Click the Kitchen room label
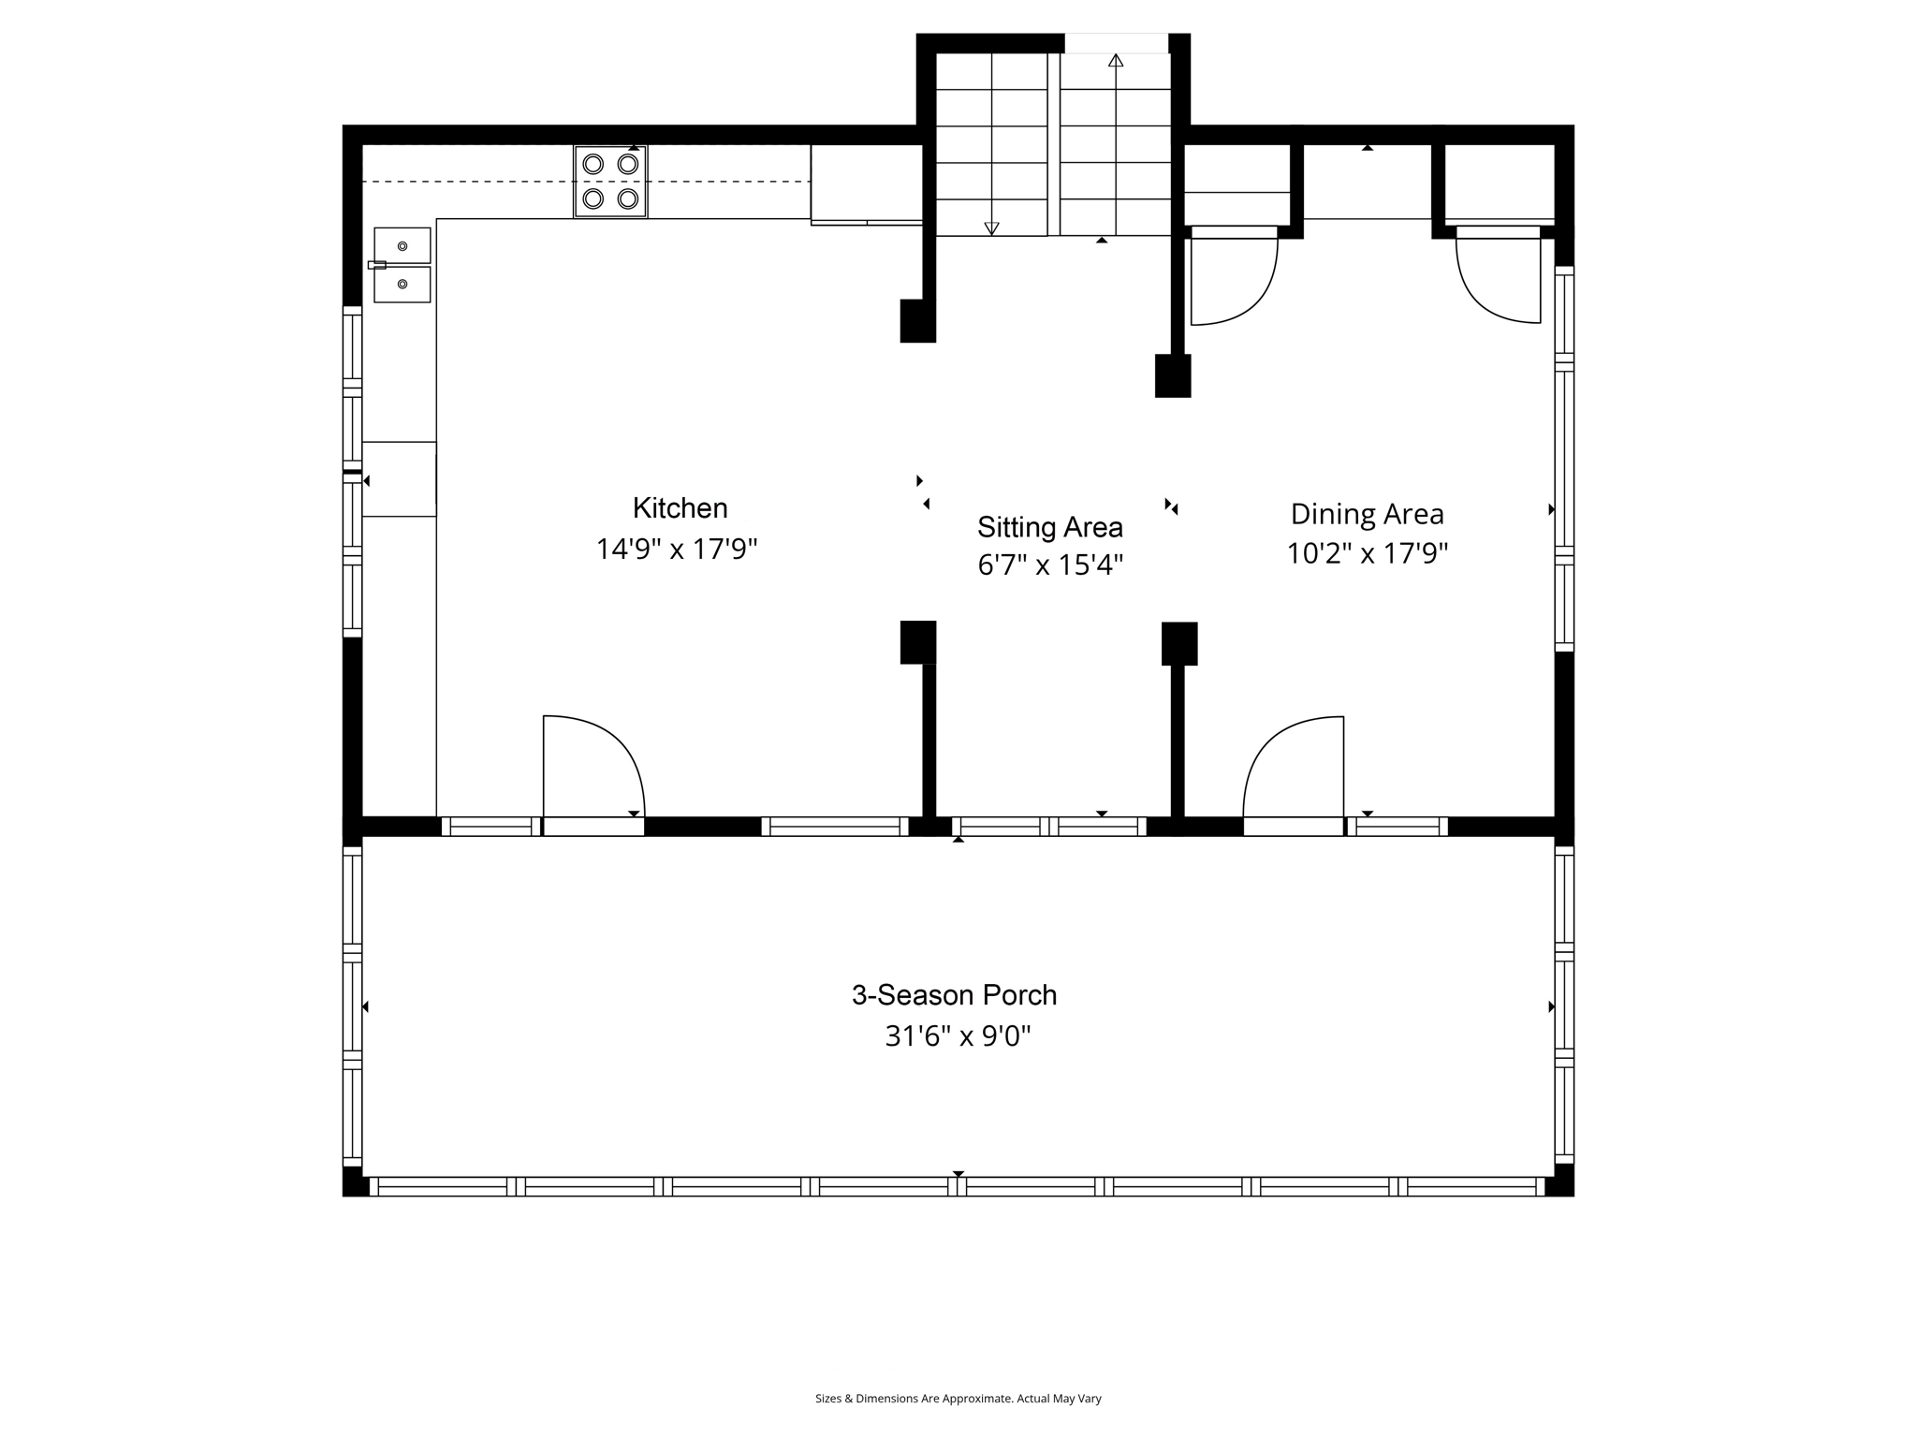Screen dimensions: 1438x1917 coord(680,508)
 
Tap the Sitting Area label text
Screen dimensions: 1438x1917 coord(1049,527)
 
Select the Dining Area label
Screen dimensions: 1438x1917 coord(1367,514)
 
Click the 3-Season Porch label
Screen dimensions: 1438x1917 coord(954,994)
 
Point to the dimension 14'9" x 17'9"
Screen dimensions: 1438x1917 coord(676,549)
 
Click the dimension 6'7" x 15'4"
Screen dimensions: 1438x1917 coord(1049,565)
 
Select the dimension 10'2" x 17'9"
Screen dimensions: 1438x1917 coord(1367,553)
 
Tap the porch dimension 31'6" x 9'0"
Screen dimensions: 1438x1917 coord(958,1036)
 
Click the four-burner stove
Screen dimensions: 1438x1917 coord(610,182)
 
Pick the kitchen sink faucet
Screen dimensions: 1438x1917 coord(377,265)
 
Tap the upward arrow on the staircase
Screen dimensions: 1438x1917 coord(1115,61)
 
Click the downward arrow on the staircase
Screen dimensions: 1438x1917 coord(991,227)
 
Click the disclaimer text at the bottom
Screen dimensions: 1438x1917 coord(958,1399)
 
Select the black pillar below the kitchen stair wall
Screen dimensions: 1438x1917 coord(917,321)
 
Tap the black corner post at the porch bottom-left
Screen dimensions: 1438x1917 coord(355,1181)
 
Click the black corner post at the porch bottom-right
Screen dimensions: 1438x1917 coord(1559,1181)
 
